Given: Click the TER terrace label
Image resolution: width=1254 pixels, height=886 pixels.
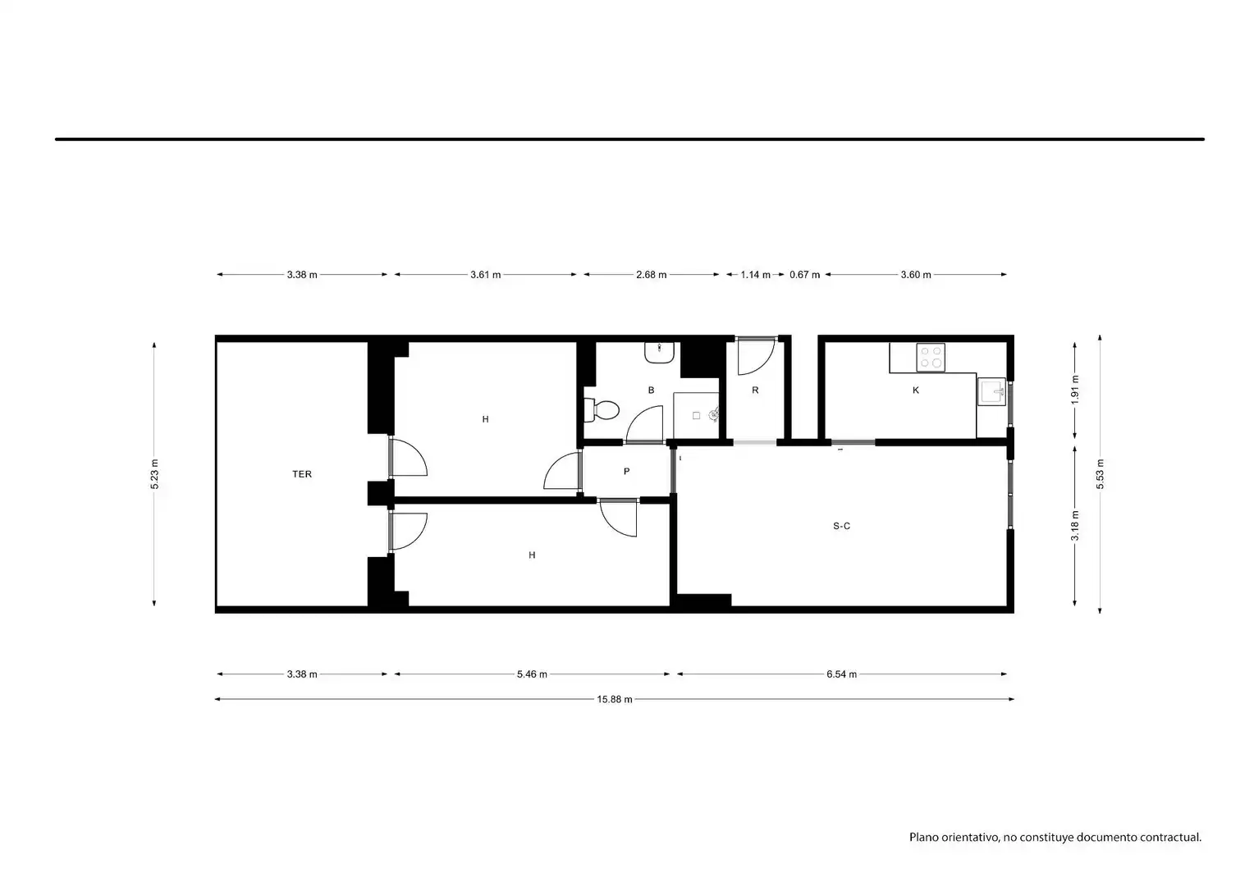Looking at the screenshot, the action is (302, 474).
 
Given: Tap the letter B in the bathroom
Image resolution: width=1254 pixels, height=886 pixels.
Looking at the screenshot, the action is (651, 390).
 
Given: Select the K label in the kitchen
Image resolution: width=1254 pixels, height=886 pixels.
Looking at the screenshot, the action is (916, 390).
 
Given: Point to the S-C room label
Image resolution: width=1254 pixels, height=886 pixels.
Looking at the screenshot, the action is (841, 526).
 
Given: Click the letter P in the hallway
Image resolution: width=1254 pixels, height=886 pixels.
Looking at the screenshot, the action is (626, 471).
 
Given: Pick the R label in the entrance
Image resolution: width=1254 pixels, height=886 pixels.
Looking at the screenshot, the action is (755, 390).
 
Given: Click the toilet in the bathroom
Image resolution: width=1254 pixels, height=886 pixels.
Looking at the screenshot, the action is (601, 409).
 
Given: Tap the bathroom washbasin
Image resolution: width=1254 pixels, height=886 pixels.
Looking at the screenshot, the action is (660, 353).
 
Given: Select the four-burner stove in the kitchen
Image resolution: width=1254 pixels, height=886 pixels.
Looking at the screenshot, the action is (931, 358).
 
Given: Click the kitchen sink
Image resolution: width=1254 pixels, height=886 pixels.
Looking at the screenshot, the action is (991, 391).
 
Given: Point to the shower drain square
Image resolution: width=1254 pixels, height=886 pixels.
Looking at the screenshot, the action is (696, 416).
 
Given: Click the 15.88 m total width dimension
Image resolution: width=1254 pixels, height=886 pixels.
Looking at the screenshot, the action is (614, 699).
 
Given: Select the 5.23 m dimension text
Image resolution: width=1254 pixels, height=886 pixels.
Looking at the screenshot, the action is (154, 474).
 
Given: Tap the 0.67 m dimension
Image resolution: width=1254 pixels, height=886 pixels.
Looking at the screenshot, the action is (804, 275).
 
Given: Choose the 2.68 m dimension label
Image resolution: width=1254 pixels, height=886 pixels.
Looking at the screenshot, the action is (651, 275).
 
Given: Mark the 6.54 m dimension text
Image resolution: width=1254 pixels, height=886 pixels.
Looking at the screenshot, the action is (841, 674).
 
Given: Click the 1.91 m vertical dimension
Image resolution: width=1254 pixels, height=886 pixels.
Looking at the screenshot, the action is (1075, 390).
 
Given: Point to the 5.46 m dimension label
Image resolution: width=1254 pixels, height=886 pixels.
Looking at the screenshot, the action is (532, 674).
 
